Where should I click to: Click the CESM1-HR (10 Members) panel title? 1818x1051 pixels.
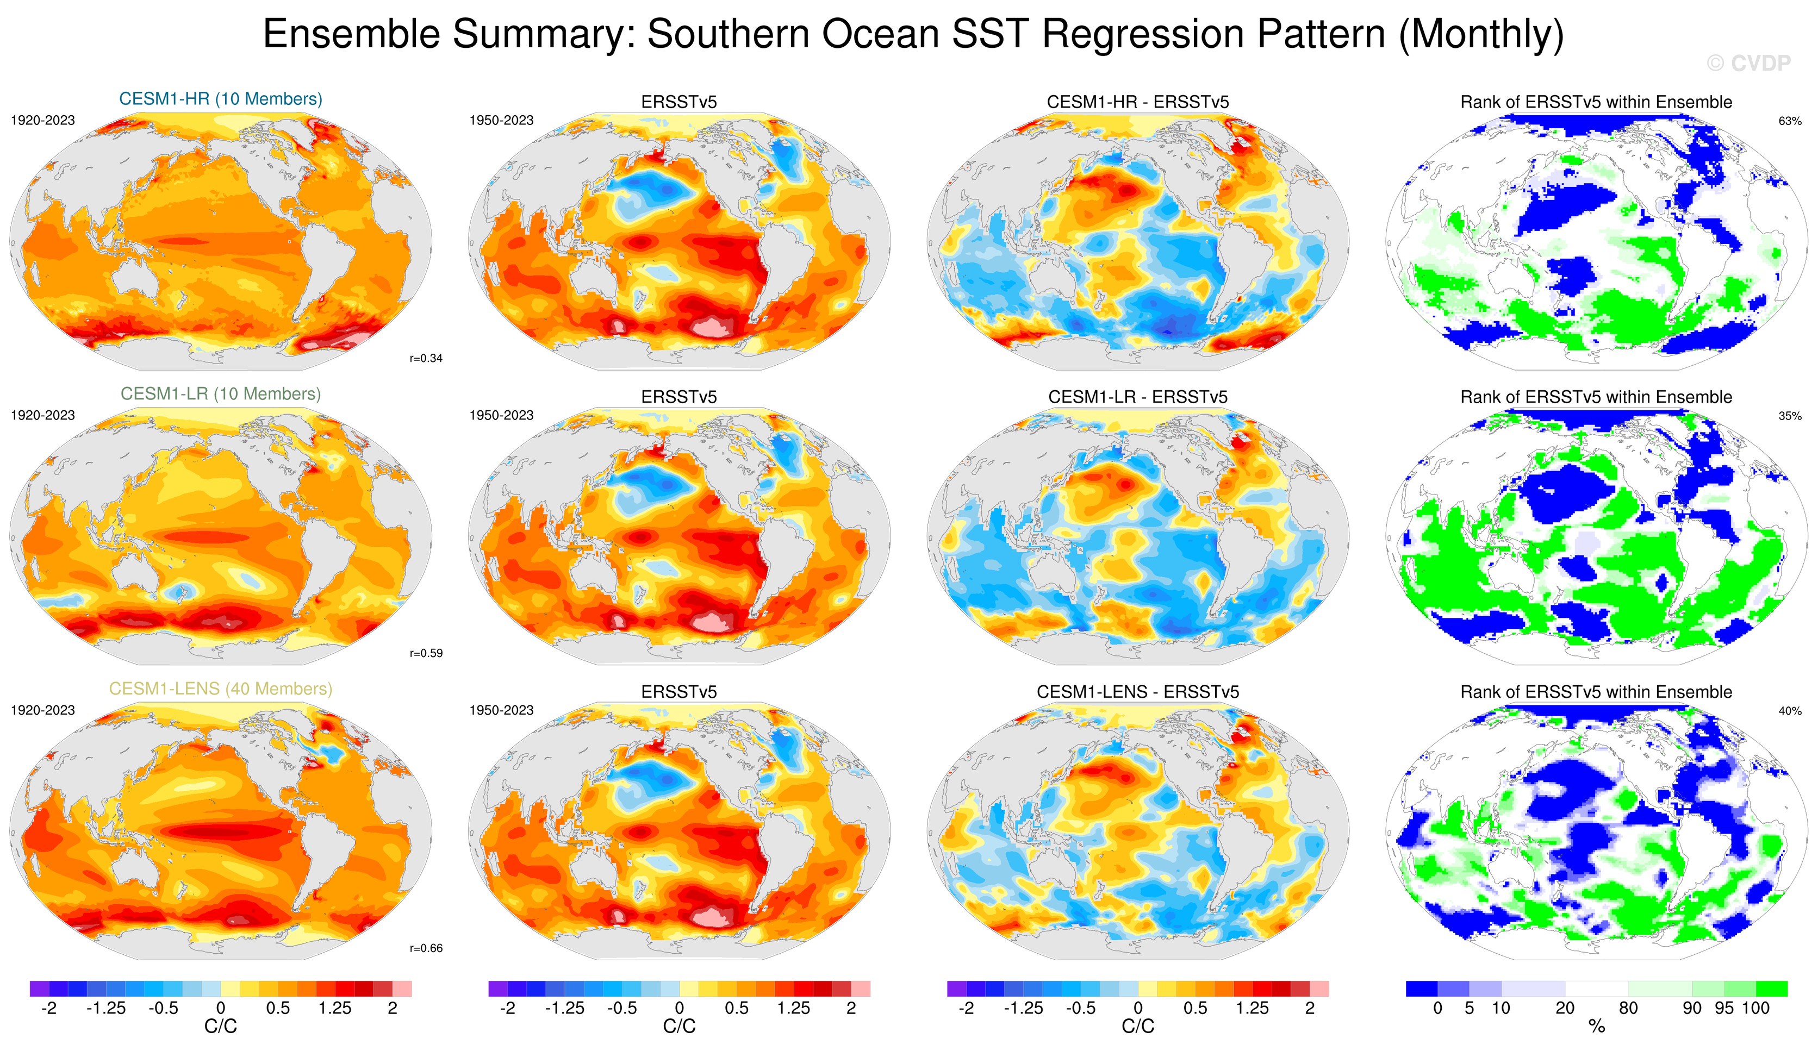221,99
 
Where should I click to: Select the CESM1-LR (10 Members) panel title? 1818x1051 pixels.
221,394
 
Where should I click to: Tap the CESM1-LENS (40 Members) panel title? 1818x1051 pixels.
221,689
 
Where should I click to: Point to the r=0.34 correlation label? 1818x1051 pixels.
426,359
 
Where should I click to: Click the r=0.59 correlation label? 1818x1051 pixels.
426,654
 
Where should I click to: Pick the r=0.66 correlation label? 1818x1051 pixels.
426,949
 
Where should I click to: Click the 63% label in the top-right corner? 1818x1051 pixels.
1789,121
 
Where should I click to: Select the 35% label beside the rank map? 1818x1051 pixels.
1789,416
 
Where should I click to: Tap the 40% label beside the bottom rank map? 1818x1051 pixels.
1789,711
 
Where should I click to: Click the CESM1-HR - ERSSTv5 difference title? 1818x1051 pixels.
1138,102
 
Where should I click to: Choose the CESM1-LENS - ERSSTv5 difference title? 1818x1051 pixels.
1138,692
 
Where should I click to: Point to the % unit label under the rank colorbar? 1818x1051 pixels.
1597,1027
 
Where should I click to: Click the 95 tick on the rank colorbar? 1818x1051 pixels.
1724,1009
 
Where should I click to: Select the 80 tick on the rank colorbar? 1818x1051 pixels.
1628,1009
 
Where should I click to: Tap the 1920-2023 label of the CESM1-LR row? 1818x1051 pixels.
42,416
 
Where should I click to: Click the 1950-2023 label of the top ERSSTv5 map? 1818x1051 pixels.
501,121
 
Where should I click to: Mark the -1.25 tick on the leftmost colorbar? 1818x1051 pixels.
106,1009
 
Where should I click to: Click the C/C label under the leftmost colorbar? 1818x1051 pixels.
221,1027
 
